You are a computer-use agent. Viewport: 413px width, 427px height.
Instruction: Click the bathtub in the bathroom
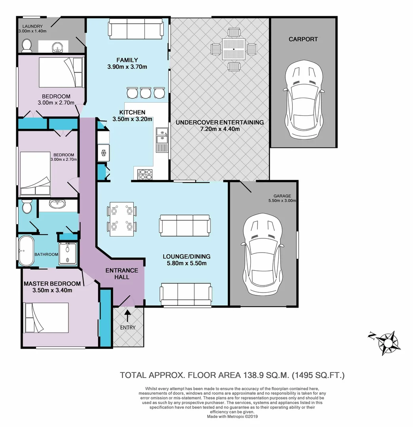[26, 251]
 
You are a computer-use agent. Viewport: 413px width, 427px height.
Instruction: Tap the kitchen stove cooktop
[145, 174]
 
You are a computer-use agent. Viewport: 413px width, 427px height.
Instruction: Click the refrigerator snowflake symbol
[104, 153]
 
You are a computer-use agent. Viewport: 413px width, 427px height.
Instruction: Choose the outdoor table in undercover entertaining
[233, 49]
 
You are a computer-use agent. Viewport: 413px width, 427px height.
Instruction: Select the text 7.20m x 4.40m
[220, 129]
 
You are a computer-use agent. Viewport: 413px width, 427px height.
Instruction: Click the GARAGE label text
[282, 196]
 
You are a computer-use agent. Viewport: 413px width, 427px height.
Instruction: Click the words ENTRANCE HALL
[122, 274]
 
